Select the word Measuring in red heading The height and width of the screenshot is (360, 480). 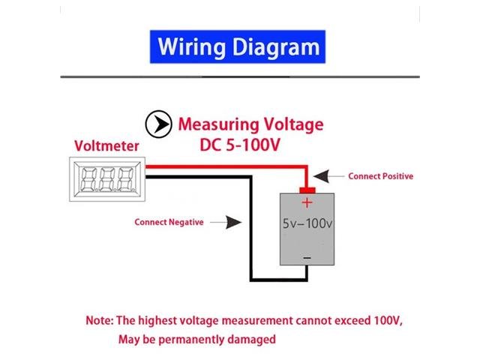(217, 124)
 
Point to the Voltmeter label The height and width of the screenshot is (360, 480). (103, 146)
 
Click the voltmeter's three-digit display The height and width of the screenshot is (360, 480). (106, 178)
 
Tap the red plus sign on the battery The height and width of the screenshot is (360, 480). (306, 202)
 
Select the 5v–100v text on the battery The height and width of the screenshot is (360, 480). (307, 224)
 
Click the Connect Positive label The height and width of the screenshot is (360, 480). (380, 176)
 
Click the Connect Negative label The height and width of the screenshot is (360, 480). (169, 222)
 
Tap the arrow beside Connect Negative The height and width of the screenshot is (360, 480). (227, 222)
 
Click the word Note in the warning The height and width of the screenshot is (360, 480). (98, 320)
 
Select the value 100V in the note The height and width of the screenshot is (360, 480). (386, 320)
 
